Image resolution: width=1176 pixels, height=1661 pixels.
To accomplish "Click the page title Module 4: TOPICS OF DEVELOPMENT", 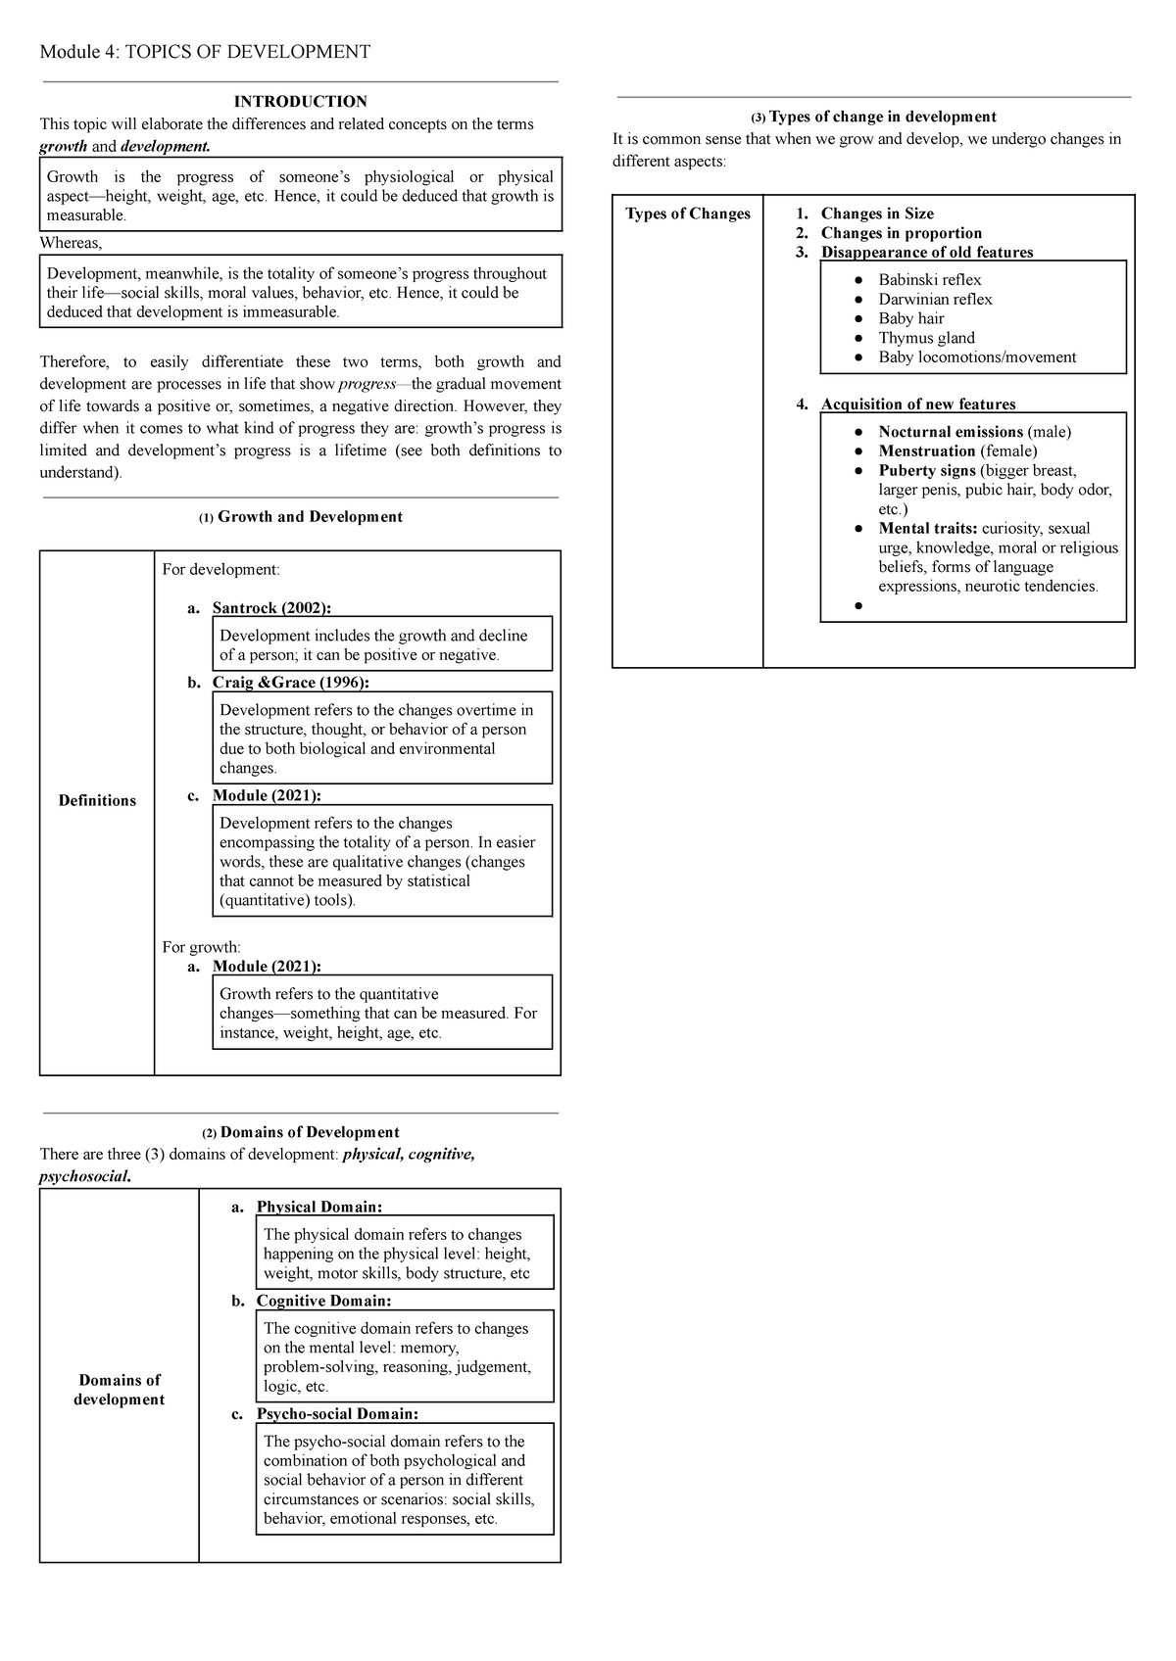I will click(205, 52).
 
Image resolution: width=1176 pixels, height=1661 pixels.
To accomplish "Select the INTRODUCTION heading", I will click(300, 101).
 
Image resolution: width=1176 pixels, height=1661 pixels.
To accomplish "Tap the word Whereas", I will click(70, 243).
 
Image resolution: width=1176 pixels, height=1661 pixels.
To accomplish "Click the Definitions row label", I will click(97, 800).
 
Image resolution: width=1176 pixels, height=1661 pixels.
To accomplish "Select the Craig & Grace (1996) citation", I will click(290, 683).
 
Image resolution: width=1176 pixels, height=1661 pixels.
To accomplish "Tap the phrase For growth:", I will click(201, 947).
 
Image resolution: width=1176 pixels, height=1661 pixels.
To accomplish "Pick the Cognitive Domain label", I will click(323, 1301).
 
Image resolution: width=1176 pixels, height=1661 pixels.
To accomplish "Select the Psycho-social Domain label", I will click(337, 1414).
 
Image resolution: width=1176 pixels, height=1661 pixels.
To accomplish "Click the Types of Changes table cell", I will click(688, 214).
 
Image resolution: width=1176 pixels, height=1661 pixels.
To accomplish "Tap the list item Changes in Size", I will click(877, 214).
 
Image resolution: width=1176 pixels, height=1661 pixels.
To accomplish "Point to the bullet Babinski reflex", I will click(929, 280).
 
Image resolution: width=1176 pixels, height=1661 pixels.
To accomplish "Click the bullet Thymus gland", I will click(926, 338).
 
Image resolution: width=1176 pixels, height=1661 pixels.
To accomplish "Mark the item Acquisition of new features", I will click(918, 404).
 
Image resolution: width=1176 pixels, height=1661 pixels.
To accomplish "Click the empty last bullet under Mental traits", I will click(858, 606).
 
